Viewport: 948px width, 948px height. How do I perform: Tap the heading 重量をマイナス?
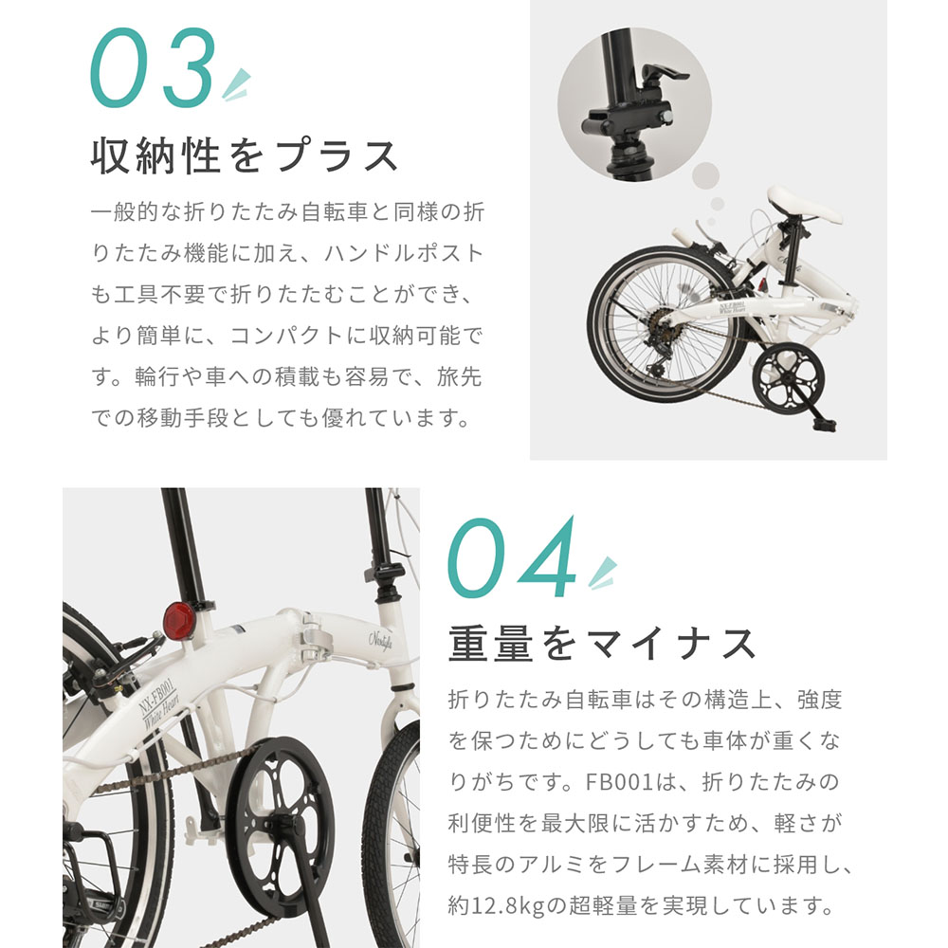pos(602,644)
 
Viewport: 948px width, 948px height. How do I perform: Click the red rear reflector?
pos(178,622)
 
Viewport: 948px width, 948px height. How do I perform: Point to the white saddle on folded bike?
pos(805,205)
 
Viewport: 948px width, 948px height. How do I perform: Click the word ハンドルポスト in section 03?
pos(404,254)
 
